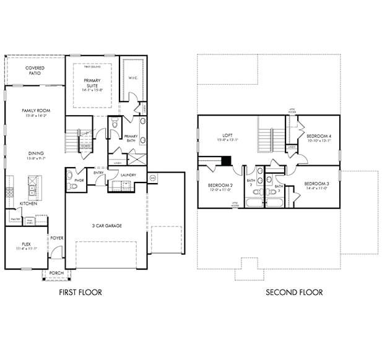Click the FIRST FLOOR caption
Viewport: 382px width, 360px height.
[80, 293]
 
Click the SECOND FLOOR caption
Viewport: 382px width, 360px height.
[294, 293]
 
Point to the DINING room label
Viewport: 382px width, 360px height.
[35, 156]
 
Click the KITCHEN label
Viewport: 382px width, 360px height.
[28, 204]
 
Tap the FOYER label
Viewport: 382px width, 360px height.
[57, 238]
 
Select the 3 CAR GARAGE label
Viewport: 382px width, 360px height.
[106, 226]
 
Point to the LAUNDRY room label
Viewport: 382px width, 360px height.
[128, 175]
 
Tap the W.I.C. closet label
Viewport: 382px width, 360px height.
[132, 78]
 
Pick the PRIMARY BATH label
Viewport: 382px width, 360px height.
[131, 138]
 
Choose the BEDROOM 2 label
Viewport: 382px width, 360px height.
[220, 186]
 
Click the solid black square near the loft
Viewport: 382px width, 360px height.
[227, 161]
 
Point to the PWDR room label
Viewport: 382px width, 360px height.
[79, 180]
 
